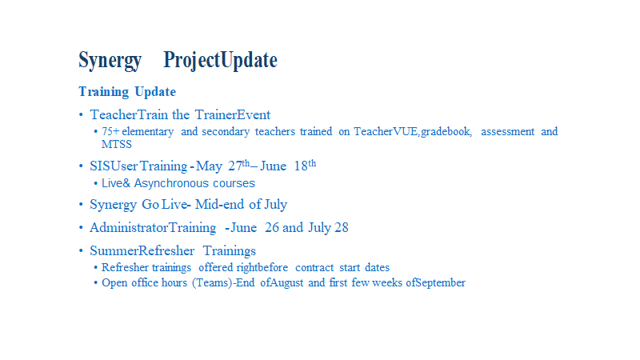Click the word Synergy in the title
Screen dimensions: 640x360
point(110,61)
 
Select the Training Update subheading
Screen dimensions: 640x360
point(127,92)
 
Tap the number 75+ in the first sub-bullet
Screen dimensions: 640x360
point(110,131)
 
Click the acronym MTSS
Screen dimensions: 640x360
point(117,145)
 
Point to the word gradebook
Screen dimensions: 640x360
point(446,132)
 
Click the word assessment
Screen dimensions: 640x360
point(507,131)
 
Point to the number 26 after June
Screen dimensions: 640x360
point(272,227)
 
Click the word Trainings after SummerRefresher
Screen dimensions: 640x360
point(230,250)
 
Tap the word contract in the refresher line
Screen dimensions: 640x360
point(314,268)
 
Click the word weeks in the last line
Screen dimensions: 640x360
point(387,282)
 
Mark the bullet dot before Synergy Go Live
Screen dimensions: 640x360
point(81,205)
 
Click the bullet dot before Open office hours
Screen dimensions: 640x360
point(95,282)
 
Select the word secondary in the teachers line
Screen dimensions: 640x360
point(226,132)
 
